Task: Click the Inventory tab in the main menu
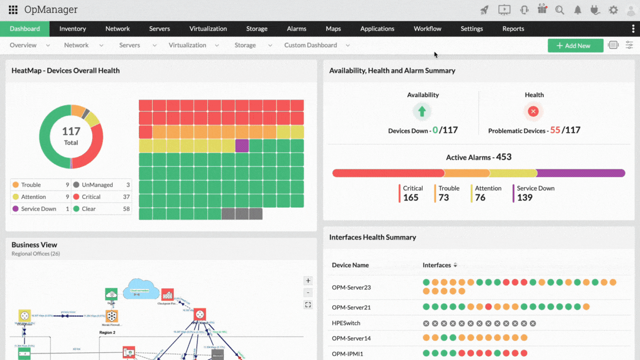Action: coord(73,29)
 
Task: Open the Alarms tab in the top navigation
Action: coord(297,29)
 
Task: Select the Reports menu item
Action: coord(513,29)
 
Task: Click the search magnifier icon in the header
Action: coord(559,10)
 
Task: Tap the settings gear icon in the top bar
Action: coord(613,10)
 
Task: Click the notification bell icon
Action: coord(578,10)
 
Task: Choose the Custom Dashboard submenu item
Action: coord(311,46)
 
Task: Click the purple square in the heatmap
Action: coord(242,146)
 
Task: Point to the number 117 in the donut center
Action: coord(71,132)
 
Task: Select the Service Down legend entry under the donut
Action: coord(38,209)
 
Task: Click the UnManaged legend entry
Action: coord(97,185)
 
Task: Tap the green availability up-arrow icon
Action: coord(422,112)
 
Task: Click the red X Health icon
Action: coord(533,112)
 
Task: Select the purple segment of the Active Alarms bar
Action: coord(581,173)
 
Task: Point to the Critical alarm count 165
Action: coord(411,198)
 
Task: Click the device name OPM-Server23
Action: coord(351,287)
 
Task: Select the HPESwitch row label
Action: coord(346,323)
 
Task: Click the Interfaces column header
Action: coord(437,265)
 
